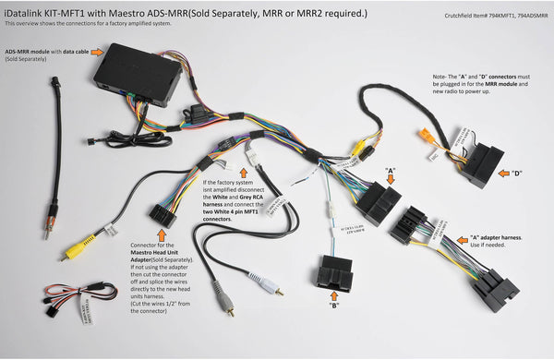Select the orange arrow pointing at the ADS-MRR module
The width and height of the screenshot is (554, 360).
click(97, 53)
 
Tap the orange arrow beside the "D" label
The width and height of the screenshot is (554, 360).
click(502, 172)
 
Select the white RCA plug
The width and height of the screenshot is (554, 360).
click(271, 285)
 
